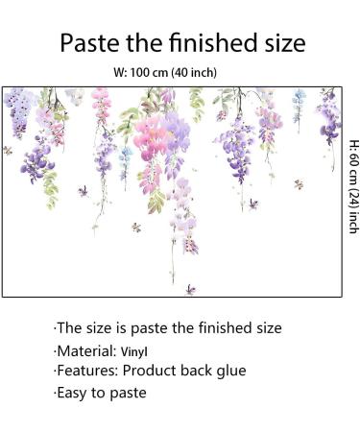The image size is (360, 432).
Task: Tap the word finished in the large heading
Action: [x=211, y=43]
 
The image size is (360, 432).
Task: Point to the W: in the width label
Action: [x=121, y=72]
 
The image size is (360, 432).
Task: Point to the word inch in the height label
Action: [x=352, y=224]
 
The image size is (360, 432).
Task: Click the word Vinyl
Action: [x=133, y=351]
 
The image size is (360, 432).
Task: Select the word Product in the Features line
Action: [x=151, y=371]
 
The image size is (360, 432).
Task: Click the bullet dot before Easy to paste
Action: [x=56, y=393]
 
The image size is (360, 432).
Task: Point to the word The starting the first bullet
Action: [x=71, y=328]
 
